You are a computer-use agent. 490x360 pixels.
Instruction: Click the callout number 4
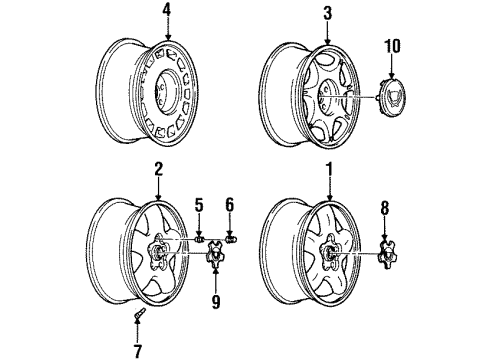coord(167,13)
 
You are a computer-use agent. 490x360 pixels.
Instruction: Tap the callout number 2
coord(158,171)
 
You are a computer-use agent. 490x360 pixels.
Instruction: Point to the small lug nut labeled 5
coord(200,240)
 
